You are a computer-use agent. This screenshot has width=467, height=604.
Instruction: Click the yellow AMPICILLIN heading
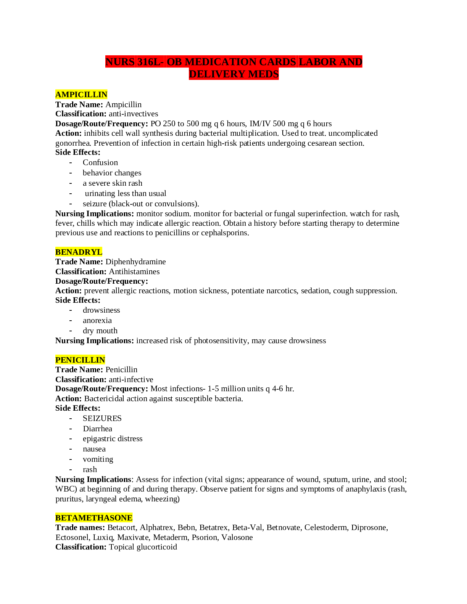pyautogui.click(x=81, y=95)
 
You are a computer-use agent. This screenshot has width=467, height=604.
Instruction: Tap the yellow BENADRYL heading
pyautogui.click(x=79, y=252)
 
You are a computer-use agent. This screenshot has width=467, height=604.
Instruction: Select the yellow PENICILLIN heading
pyautogui.click(x=80, y=360)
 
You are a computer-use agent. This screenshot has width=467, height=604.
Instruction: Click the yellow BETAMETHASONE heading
pyautogui.click(x=94, y=517)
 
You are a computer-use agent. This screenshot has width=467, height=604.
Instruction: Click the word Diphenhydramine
pyautogui.click(x=135, y=262)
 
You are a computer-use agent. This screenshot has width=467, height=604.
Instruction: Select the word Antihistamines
pyautogui.click(x=134, y=271)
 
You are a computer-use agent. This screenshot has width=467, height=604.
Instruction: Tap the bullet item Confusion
pyautogui.click(x=100, y=162)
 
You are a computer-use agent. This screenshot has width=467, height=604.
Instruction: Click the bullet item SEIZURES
pyautogui.click(x=102, y=418)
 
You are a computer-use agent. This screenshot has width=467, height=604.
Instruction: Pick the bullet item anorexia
pyautogui.click(x=97, y=320)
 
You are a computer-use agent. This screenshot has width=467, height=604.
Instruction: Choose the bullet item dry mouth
pyautogui.click(x=100, y=331)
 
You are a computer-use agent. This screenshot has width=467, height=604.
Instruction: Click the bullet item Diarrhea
pyautogui.click(x=97, y=428)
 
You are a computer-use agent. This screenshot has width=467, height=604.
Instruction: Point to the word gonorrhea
pyautogui.click(x=73, y=143)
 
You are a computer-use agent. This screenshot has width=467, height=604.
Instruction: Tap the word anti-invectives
pyautogui.click(x=133, y=114)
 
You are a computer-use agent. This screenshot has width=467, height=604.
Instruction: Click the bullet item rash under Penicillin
pyautogui.click(x=90, y=469)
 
